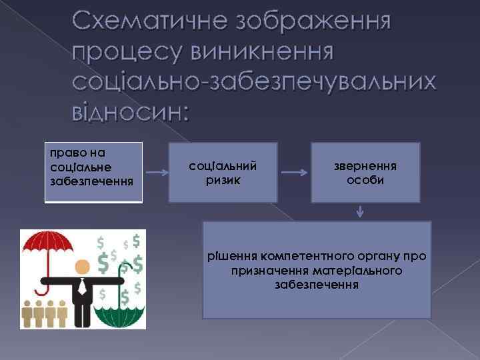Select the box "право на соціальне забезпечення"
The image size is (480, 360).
coord(93,172)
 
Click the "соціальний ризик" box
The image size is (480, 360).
coord(223,172)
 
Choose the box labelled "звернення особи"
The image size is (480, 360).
coord(365,172)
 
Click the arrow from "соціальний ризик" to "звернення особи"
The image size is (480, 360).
coord(294,173)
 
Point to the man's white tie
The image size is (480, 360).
coord(82,287)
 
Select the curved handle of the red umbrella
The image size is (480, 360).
coord(42,289)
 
